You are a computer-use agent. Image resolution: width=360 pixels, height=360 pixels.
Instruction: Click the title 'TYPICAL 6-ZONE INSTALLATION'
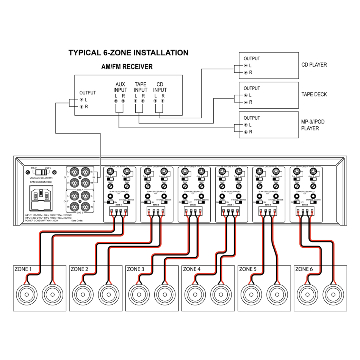[x=128, y=53]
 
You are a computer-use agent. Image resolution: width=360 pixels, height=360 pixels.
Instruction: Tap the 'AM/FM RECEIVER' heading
[x=127, y=67]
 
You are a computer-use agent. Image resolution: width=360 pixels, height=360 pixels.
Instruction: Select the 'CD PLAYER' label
[x=314, y=65]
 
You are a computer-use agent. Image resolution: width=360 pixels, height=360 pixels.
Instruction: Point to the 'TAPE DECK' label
[x=314, y=94]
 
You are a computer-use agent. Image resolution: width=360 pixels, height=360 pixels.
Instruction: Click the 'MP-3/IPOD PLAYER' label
[x=313, y=125]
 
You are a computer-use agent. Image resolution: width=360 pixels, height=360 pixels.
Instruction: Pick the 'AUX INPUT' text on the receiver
[x=121, y=87]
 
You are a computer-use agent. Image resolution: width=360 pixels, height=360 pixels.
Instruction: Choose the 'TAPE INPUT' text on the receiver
[x=140, y=87]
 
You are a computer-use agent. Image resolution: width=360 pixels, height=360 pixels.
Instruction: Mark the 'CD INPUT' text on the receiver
[x=160, y=87]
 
